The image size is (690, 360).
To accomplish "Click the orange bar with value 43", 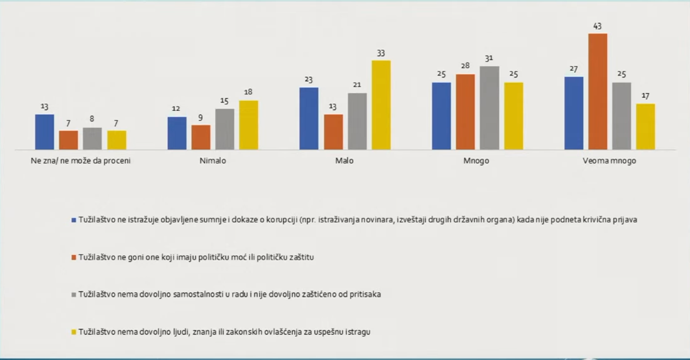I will pos(598,91).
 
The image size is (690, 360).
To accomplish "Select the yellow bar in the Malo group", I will pos(381,105).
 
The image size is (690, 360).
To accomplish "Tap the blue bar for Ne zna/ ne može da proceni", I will pos(45,132).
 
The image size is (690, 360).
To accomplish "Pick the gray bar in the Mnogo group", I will pos(489,108).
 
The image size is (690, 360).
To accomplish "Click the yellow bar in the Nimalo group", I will pos(248,125).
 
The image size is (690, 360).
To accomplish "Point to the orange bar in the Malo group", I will pos(333,132).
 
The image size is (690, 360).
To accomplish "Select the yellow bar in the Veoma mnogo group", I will pos(645,127).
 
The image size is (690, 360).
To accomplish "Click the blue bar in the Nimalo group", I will pos(177,133).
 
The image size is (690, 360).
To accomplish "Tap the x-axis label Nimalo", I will pos(212,161).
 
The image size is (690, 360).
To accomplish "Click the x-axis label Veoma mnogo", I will pos(610,161).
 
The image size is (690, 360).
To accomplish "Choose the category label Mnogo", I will pos(477,161).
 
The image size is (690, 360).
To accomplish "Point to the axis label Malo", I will pos(345,161).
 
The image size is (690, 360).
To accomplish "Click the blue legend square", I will pos(74,220).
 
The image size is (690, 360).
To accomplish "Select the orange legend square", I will pos(74,257).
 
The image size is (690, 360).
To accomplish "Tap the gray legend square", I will pos(74,294).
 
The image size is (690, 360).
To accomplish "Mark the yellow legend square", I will pos(74,332).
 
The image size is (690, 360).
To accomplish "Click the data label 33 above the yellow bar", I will pos(381,53).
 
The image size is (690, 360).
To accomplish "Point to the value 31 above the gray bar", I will pos(489,59).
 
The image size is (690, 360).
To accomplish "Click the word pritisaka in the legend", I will pos(364,294).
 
